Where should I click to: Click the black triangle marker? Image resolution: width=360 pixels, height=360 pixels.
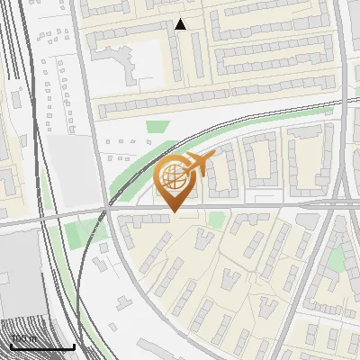[180, 25]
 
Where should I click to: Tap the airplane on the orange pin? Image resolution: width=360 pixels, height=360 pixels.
[197, 165]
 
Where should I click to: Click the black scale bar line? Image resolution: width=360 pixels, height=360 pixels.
[42, 347]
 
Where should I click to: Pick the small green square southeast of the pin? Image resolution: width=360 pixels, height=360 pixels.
[216, 220]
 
